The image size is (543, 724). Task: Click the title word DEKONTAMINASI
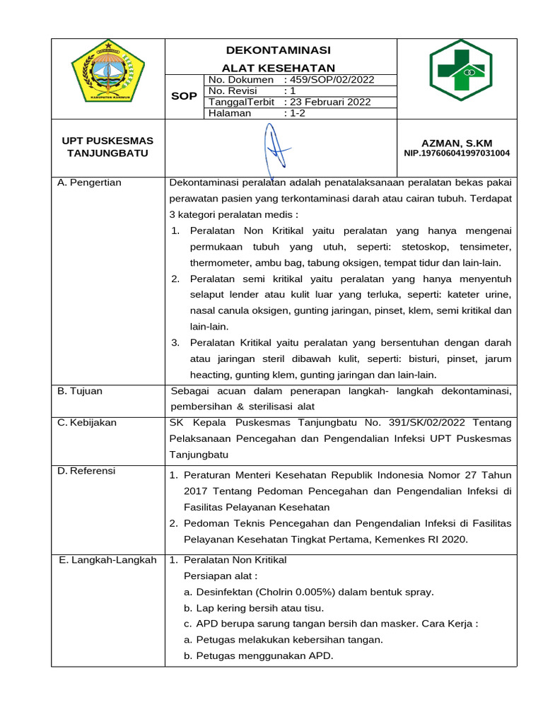tap(278, 50)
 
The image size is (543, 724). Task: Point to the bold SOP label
tap(184, 95)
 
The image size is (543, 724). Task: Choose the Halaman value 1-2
tap(293, 113)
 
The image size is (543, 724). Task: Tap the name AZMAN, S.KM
tap(456, 142)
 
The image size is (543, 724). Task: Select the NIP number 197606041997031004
tap(457, 153)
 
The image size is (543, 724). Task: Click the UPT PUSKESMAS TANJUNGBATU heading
tap(107, 147)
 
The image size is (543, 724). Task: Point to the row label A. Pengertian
tap(89, 182)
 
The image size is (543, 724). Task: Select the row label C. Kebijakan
tap(87, 423)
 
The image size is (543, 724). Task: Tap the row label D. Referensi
tap(86, 471)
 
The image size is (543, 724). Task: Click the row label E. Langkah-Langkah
tap(107, 560)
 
